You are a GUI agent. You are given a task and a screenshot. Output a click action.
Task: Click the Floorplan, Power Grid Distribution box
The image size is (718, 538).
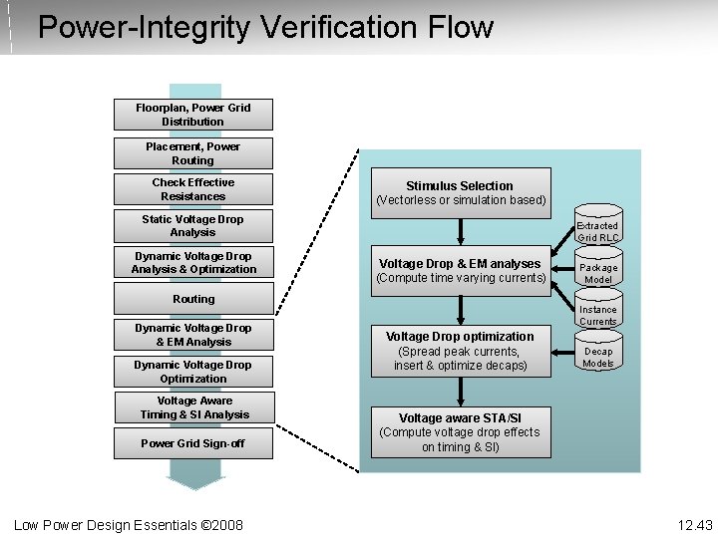click(192, 115)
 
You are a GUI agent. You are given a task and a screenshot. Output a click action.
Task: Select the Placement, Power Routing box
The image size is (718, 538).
click(192, 153)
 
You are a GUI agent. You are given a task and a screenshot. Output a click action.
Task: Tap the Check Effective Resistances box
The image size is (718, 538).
click(192, 189)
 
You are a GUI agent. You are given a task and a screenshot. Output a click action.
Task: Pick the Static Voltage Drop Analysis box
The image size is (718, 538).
click(192, 226)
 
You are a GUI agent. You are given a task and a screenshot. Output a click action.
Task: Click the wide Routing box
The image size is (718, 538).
click(192, 299)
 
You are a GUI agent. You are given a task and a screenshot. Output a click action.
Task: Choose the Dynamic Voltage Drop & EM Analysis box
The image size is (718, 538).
click(192, 335)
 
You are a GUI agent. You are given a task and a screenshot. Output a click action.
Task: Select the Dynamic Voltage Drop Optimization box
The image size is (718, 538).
click(192, 372)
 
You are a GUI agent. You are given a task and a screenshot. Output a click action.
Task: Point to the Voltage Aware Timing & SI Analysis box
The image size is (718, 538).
click(192, 407)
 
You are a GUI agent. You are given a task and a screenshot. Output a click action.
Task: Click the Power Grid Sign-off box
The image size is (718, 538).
click(192, 443)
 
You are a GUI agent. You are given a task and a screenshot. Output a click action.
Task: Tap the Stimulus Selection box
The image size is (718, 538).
click(460, 192)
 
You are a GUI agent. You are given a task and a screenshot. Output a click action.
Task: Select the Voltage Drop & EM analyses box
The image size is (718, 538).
click(460, 270)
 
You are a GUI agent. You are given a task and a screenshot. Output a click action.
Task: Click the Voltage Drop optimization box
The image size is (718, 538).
click(460, 351)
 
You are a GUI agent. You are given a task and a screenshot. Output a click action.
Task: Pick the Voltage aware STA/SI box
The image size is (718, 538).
click(460, 431)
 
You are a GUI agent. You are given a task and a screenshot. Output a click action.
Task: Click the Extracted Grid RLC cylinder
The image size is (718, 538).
click(598, 228)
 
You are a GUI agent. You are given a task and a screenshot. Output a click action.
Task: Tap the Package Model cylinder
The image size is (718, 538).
click(598, 272)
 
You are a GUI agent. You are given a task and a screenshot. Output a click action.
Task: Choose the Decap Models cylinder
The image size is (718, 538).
click(598, 356)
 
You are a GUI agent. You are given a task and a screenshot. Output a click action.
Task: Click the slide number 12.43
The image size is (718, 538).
click(695, 525)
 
